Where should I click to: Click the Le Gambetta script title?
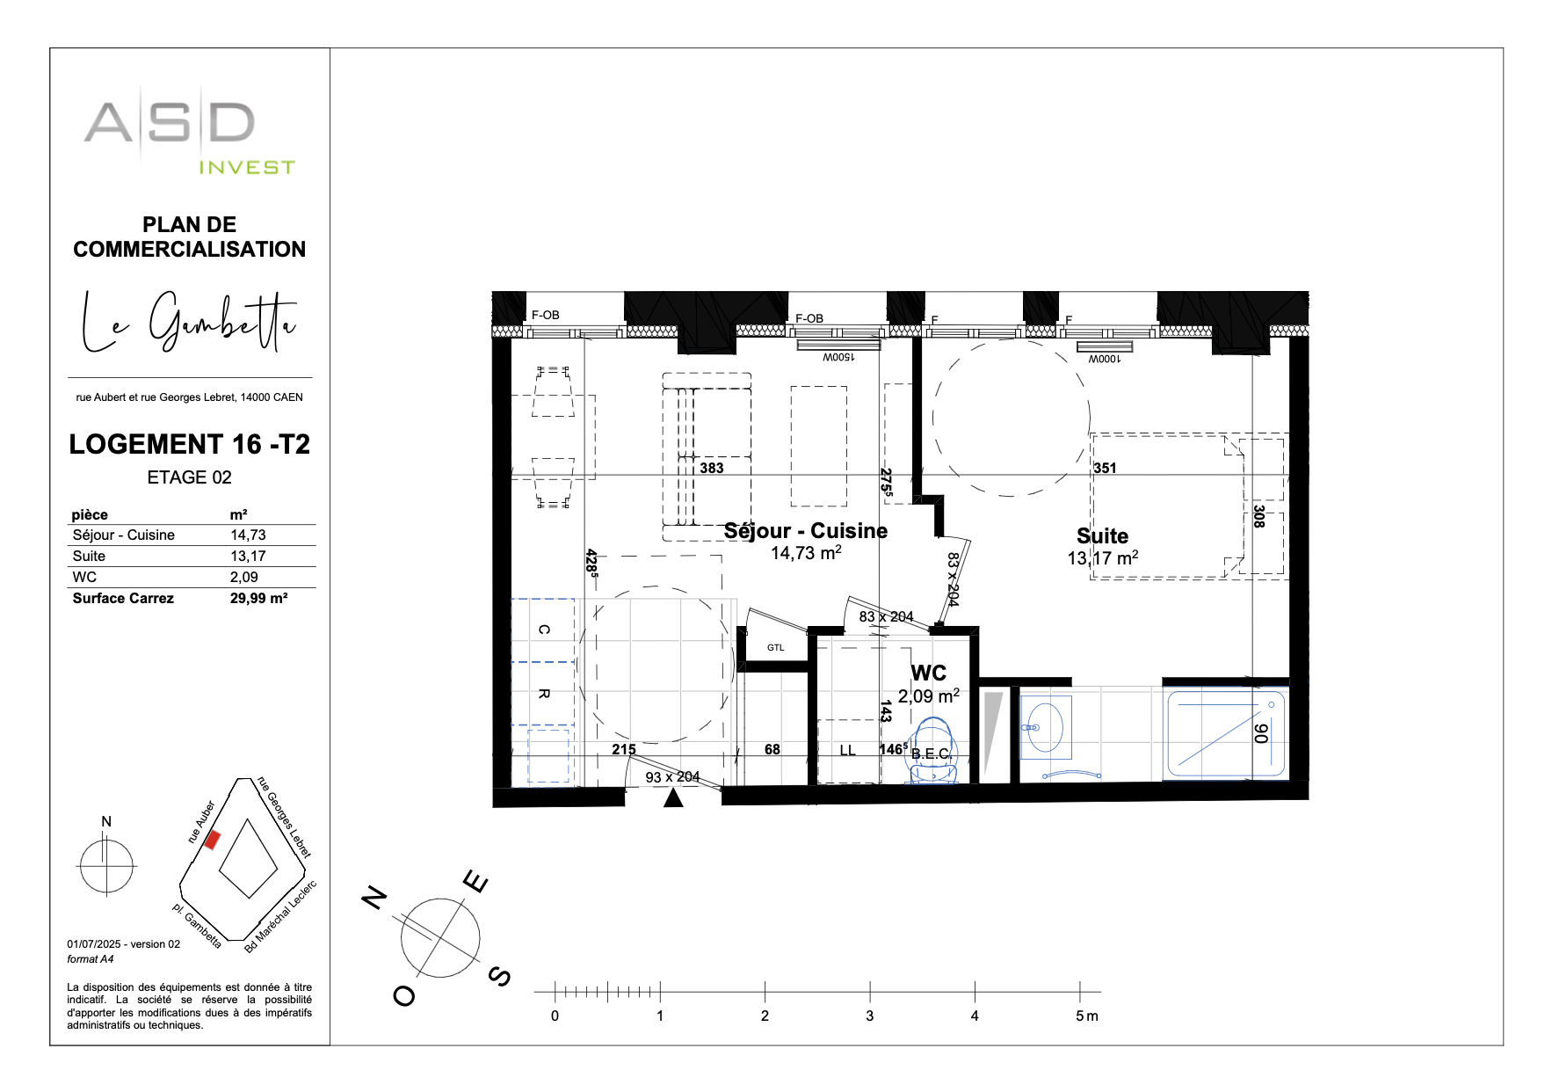(188, 322)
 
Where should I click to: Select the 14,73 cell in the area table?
(248, 535)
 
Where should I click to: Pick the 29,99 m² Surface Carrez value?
(258, 598)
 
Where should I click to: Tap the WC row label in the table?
(85, 577)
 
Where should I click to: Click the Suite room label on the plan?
(1102, 535)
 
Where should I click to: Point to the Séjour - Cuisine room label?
(805, 531)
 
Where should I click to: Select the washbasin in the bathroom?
(1044, 727)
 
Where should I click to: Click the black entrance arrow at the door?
(673, 797)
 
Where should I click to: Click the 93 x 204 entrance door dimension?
(672, 776)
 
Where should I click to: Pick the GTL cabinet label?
(775, 648)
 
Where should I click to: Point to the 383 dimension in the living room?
(711, 468)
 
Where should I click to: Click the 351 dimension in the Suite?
(1105, 468)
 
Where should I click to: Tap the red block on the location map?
(212, 840)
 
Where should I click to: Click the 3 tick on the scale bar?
(870, 993)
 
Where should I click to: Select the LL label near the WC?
(847, 750)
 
